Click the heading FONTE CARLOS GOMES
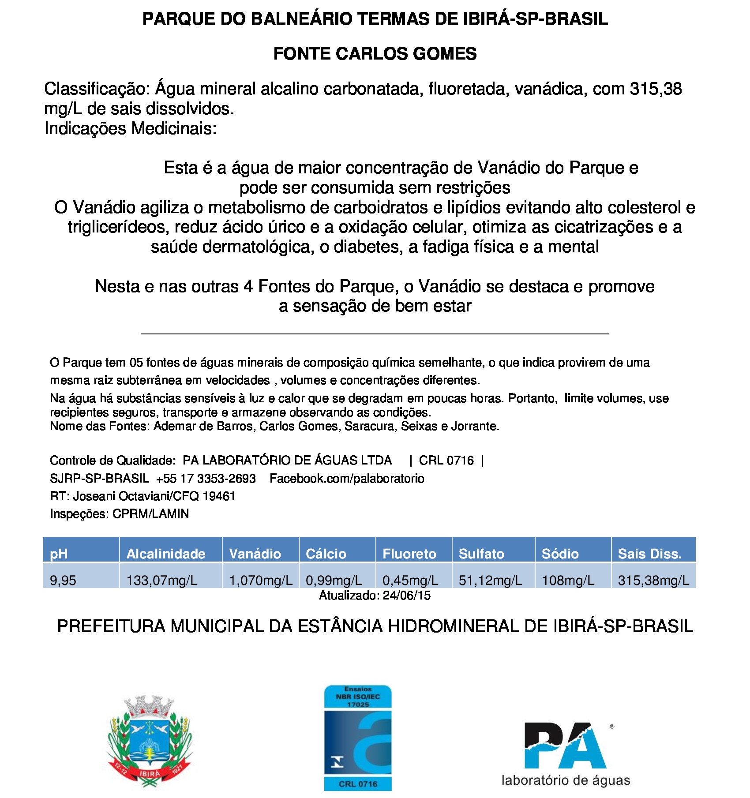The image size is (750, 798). (x=375, y=54)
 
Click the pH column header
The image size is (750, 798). (x=59, y=554)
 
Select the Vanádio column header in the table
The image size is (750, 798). (x=255, y=554)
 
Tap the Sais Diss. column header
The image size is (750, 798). (x=649, y=554)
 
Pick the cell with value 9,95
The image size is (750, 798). (x=63, y=580)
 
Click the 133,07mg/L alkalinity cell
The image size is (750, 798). (x=162, y=580)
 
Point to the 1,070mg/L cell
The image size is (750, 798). (x=261, y=580)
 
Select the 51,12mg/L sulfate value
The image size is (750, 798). (x=490, y=580)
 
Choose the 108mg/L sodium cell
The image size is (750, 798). (x=568, y=580)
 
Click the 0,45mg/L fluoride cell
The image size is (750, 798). (x=410, y=580)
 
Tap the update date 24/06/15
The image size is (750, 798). (x=406, y=596)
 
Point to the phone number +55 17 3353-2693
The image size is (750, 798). (x=206, y=479)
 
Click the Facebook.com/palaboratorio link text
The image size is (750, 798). (x=347, y=479)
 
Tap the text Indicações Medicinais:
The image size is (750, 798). (x=131, y=128)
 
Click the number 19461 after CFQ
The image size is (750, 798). (x=219, y=496)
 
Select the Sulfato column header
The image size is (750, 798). (x=481, y=554)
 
